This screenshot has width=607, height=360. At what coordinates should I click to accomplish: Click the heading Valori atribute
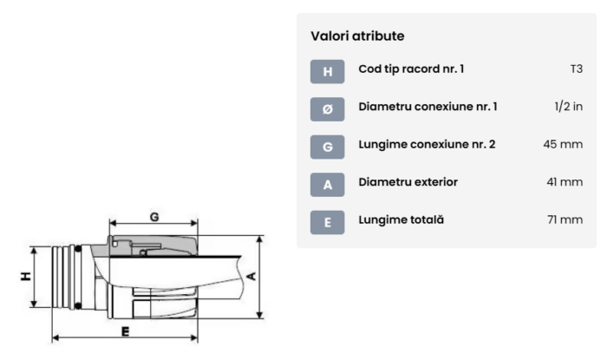(357, 36)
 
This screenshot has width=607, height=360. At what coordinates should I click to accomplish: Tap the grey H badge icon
(327, 72)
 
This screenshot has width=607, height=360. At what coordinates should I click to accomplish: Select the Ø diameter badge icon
(327, 109)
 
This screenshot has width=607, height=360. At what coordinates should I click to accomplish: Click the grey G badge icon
(327, 147)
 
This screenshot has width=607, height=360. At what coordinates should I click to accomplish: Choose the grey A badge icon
(327, 185)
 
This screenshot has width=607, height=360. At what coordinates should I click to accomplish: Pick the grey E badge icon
(327, 222)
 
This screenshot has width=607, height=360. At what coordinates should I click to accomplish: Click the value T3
(577, 69)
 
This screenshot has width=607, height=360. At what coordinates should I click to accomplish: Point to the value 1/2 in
(569, 107)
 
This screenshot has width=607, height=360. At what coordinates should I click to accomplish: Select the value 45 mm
(563, 144)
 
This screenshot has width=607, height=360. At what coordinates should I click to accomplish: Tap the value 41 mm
(565, 182)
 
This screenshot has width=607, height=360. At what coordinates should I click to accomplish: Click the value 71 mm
(565, 219)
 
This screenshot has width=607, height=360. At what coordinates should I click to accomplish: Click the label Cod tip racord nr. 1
(411, 69)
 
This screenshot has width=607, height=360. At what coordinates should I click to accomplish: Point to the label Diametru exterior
(408, 182)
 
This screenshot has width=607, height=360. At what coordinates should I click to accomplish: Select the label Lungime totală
(401, 219)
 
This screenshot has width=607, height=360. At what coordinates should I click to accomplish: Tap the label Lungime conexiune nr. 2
(427, 144)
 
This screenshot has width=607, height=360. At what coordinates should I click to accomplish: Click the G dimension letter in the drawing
(154, 217)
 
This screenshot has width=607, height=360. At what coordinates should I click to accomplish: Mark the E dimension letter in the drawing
(125, 331)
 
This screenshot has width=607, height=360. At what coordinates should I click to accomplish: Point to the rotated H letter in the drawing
(25, 276)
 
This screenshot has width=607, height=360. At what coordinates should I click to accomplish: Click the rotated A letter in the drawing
(251, 277)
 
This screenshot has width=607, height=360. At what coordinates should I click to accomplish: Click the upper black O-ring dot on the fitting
(78, 248)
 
